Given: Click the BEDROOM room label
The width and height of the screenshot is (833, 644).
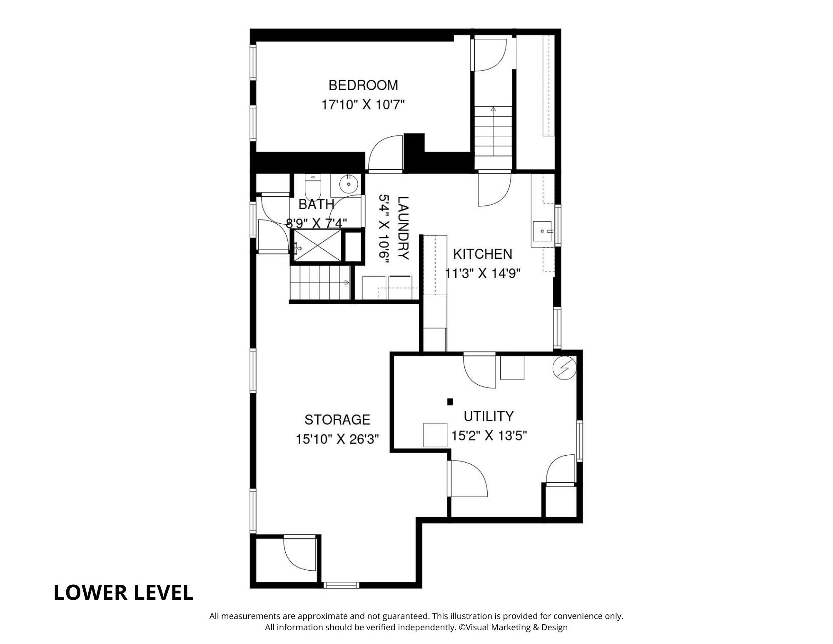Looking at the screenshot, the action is (x=363, y=85).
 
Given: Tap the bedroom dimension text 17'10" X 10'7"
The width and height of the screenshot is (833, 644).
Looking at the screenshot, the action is (x=363, y=104).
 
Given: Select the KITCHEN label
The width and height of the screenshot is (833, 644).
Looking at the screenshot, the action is (x=483, y=254).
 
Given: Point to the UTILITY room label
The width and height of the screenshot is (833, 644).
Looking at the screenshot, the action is (x=489, y=416).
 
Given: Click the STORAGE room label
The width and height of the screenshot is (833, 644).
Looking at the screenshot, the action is (x=337, y=419).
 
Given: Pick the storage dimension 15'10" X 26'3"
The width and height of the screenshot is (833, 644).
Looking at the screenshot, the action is (x=337, y=439).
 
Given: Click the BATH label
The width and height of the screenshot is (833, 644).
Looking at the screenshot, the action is (x=317, y=204).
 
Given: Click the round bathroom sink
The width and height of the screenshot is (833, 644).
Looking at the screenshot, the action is (x=347, y=183).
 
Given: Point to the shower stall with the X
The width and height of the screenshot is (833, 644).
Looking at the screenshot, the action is (x=317, y=246).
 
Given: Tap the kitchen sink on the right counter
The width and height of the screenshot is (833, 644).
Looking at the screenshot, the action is (x=542, y=231).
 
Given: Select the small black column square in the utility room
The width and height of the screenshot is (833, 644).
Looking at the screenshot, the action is (x=450, y=402).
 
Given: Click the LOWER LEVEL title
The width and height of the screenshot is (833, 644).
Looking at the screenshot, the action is (x=124, y=593).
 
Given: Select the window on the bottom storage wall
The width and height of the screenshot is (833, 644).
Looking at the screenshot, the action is (x=341, y=585).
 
